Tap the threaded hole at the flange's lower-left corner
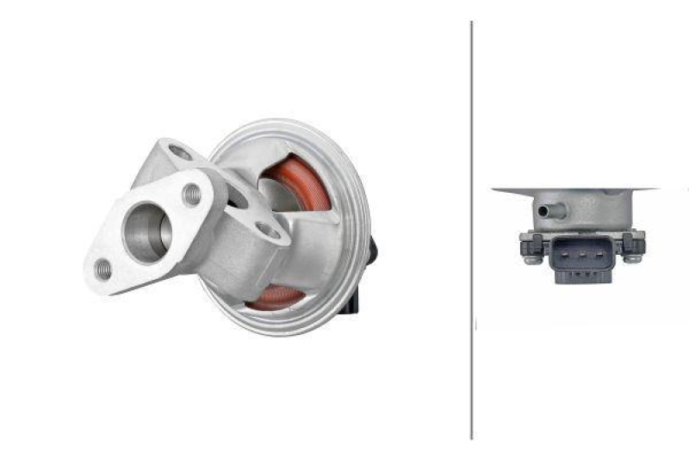[x=102, y=269]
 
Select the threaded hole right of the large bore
[x=192, y=195]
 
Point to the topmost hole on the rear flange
[x=180, y=154]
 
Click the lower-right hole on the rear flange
[x=269, y=231]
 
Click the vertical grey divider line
[x=471, y=233]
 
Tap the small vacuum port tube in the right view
[x=544, y=209]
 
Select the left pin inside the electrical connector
[x=565, y=255]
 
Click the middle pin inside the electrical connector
[x=577, y=255]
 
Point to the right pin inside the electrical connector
[x=589, y=255]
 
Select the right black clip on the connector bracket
[x=636, y=244]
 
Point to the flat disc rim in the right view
[x=575, y=189]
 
